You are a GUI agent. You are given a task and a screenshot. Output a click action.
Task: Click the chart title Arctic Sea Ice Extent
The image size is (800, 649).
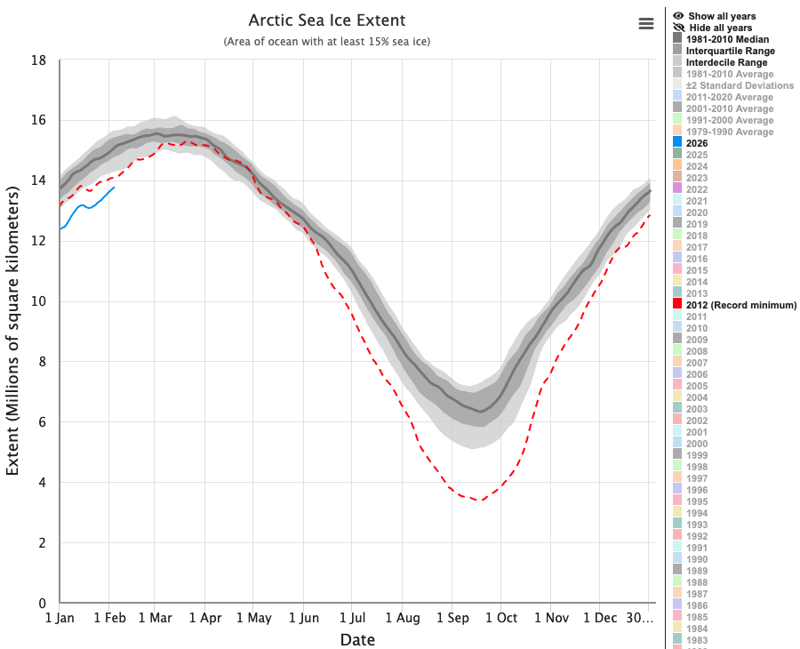(326, 20)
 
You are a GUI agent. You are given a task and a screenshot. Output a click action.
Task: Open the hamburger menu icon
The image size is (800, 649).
(646, 24)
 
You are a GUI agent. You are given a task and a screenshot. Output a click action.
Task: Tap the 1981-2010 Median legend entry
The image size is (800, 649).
(727, 39)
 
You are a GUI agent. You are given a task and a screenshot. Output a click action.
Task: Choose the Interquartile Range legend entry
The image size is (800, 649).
(727, 51)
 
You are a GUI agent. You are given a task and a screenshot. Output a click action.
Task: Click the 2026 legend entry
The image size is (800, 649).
(697, 143)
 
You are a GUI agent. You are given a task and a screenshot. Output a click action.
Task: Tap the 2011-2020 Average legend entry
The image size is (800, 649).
(730, 97)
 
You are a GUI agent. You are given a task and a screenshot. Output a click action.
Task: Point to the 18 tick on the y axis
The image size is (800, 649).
(38, 60)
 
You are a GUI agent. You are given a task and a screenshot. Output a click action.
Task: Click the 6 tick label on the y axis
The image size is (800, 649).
(43, 422)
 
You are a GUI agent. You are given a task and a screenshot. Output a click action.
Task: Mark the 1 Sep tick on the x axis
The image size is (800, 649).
(451, 618)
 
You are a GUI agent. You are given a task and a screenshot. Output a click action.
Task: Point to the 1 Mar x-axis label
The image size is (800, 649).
(154, 618)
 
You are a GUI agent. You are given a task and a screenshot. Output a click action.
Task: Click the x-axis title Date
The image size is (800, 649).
(357, 640)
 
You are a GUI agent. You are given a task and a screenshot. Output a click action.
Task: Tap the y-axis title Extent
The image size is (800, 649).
(13, 331)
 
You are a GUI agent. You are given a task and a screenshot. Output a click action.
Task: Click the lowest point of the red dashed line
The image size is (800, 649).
(481, 501)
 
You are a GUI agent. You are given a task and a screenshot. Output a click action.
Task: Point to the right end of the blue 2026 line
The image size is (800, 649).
(114, 187)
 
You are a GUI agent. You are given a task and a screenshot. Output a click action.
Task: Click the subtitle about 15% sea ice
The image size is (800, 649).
(326, 42)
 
